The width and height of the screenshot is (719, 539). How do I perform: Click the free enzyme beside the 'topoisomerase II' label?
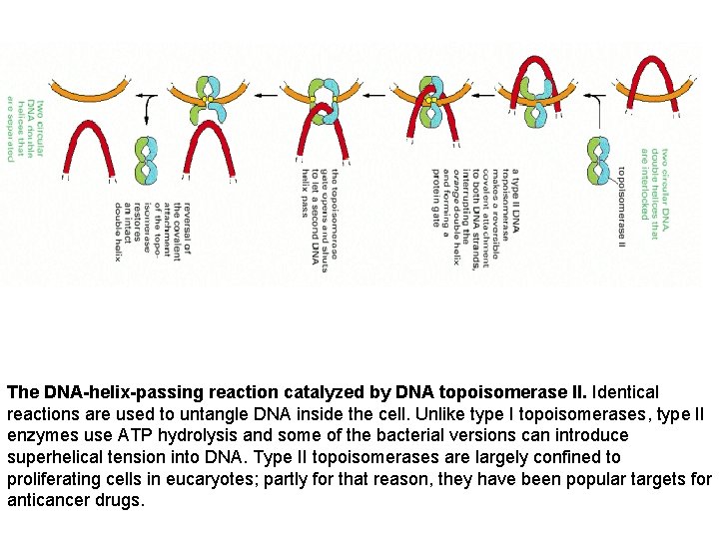[598, 160]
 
